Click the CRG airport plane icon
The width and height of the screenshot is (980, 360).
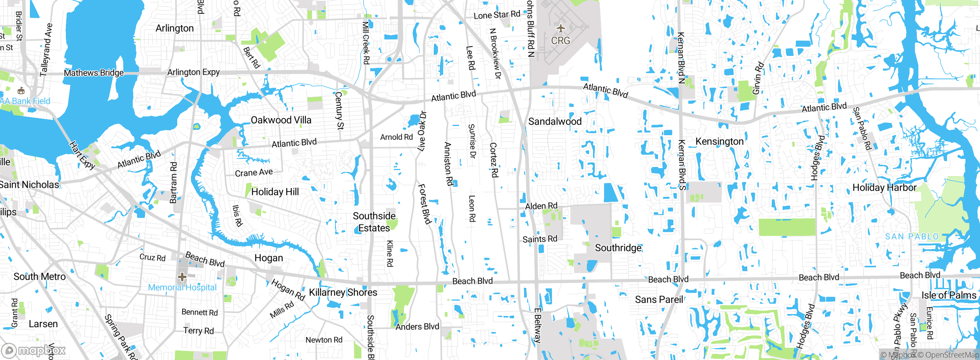pos(560,28)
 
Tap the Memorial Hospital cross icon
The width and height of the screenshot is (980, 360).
pos(182,277)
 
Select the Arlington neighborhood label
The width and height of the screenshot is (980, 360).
pos(175,28)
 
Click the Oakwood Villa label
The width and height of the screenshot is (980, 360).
pos(281,120)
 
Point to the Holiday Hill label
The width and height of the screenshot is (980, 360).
pos(275,191)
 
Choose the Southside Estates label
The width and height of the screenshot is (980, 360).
pos(374,222)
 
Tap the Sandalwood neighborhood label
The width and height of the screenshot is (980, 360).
pos(555,121)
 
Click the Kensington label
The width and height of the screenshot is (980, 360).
pos(719,141)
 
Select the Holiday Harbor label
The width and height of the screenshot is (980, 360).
pos(884,187)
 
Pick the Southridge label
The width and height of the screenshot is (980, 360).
pos(618,248)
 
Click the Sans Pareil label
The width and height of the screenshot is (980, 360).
pos(659,299)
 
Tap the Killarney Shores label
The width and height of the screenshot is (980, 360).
pos(343,292)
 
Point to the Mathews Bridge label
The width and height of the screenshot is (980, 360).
pos(94,73)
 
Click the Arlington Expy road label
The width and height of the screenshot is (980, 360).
pos(193,72)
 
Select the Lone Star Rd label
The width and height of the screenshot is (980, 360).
pos(497,15)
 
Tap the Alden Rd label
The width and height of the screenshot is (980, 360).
pos(541,206)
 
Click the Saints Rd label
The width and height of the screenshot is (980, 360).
pos(540,239)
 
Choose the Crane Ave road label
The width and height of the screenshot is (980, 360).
pos(254,173)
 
